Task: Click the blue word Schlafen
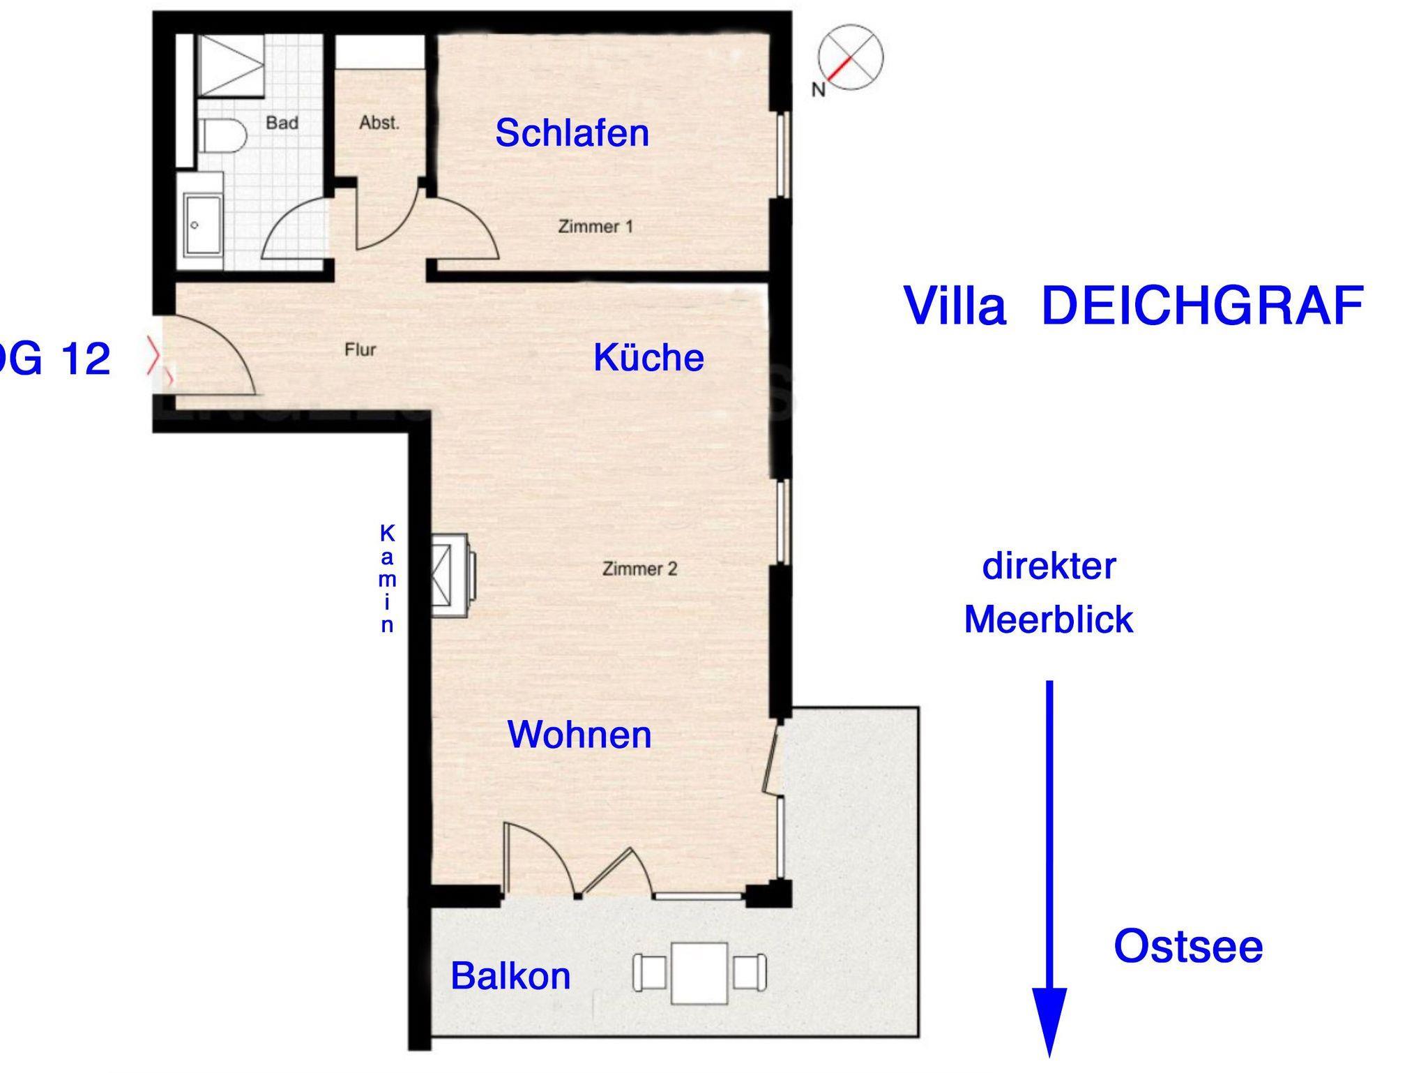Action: (x=572, y=133)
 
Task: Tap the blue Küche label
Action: (x=648, y=357)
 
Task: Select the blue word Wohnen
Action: (x=579, y=735)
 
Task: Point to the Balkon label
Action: (x=510, y=975)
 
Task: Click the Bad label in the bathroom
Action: (x=282, y=123)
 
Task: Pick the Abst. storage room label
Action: (x=379, y=123)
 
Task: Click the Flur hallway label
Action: (x=360, y=350)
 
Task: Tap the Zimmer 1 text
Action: (x=595, y=227)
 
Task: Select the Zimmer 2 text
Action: (x=639, y=569)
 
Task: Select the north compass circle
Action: (x=850, y=57)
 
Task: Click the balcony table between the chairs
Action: (x=699, y=973)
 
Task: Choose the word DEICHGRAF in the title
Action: (x=1202, y=306)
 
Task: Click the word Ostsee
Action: (x=1188, y=947)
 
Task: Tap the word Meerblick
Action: (x=1049, y=619)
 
